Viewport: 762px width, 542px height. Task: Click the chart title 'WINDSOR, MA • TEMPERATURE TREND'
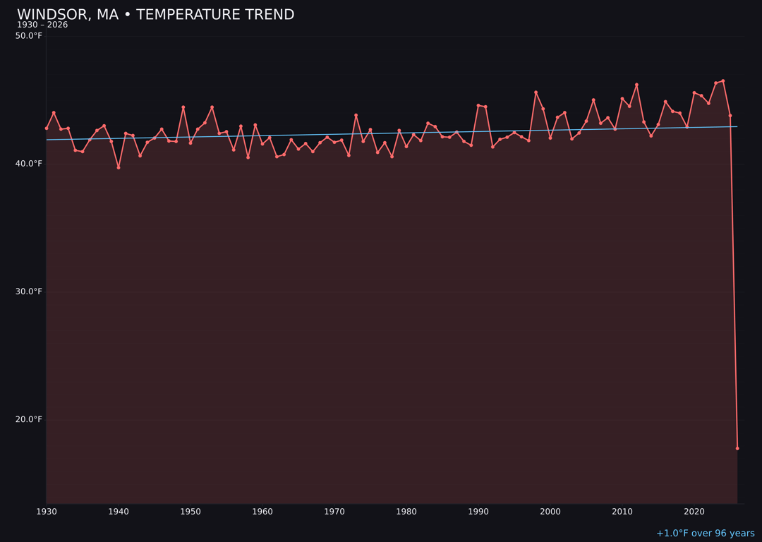point(155,15)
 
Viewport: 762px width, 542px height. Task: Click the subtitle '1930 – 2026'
point(42,25)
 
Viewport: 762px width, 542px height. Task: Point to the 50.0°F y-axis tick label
point(29,36)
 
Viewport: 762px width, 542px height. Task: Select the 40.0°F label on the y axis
point(29,164)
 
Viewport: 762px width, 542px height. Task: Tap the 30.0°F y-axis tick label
point(29,291)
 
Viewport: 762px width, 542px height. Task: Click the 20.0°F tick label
point(29,419)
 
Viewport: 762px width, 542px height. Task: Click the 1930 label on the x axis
point(47,512)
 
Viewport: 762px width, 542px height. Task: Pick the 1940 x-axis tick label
point(119,512)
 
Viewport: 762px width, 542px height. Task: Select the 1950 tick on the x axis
point(190,512)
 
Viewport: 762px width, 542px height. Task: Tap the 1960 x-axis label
point(262,512)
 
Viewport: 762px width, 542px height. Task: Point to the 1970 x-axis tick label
point(334,512)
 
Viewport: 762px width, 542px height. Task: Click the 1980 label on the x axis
point(406,512)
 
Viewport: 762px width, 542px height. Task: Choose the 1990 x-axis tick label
point(478,512)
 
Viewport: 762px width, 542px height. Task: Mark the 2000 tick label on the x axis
point(550,512)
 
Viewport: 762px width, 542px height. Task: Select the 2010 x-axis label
point(622,512)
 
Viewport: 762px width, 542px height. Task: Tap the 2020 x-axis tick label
point(694,512)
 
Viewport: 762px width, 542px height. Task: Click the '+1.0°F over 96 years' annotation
point(705,534)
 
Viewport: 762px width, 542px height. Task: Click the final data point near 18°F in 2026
point(737,448)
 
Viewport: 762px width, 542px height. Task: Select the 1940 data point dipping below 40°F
point(119,167)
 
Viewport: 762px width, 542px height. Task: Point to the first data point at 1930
point(47,128)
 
